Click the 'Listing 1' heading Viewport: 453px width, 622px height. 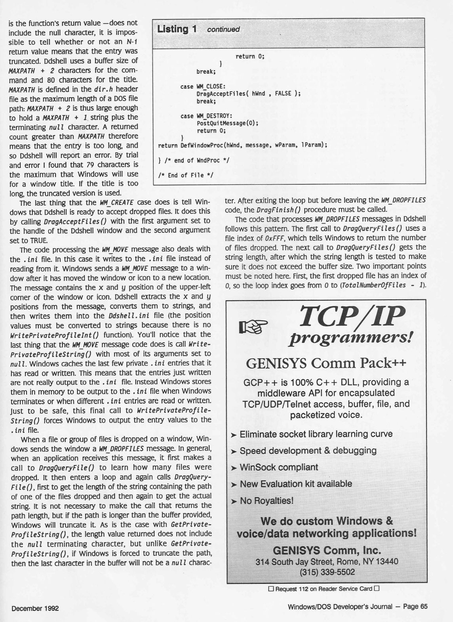177,29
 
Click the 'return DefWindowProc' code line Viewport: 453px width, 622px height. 242,145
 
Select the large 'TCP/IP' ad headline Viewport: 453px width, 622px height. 352,316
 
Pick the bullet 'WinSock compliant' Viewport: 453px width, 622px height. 279,467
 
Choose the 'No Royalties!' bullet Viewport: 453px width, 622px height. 266,501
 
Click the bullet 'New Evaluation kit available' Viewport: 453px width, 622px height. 296,484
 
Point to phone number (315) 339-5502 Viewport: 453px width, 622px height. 327,572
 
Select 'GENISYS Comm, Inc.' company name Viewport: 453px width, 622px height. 327,550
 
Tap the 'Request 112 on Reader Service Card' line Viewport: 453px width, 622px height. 324,588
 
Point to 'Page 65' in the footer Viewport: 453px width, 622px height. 415,607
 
